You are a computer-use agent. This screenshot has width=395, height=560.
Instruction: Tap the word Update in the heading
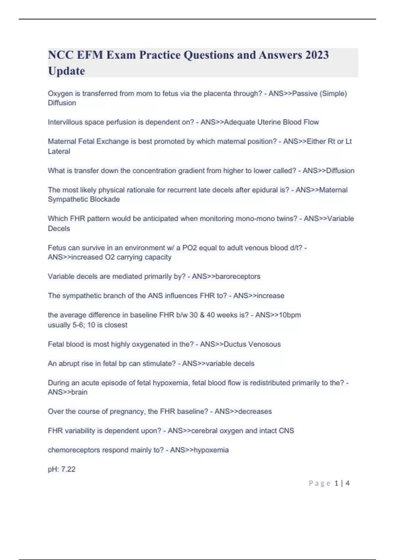66,71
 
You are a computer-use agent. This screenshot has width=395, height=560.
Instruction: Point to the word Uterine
269,122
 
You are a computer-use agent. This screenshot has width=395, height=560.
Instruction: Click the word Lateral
59,151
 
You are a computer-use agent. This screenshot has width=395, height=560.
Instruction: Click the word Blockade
107,199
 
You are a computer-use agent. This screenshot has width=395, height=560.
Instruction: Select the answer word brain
79,392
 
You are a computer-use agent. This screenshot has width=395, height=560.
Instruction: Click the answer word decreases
255,411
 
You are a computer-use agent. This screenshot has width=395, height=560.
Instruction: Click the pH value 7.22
68,469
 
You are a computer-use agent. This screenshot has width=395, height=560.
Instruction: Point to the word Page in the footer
320,483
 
